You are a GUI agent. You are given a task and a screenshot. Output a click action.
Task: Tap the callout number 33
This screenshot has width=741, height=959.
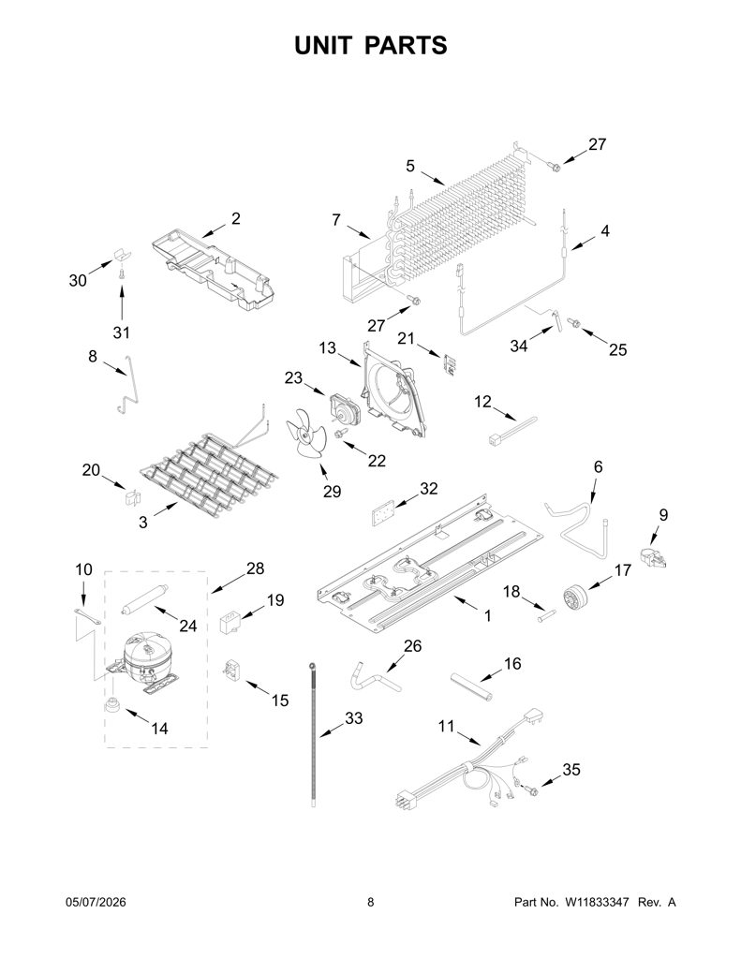(354, 718)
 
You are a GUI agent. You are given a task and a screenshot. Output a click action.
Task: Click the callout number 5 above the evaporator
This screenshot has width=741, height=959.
(410, 166)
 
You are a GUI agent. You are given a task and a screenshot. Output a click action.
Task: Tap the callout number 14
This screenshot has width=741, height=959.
(159, 729)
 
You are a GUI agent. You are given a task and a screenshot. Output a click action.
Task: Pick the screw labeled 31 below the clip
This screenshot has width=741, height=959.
(121, 275)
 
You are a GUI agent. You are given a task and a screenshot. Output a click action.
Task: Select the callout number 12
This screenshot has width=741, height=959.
(482, 402)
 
